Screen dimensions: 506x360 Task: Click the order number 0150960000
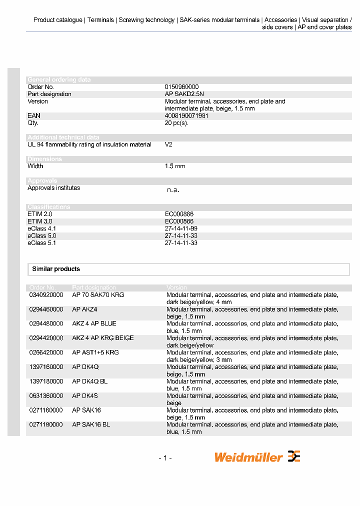[181, 87]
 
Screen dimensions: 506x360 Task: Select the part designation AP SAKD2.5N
[184, 94]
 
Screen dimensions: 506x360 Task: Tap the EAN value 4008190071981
[186, 115]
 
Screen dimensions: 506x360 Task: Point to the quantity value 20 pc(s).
[176, 123]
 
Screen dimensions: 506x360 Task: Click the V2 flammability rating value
[168, 144]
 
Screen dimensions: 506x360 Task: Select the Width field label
[35, 166]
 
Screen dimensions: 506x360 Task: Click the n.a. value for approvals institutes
[172, 190]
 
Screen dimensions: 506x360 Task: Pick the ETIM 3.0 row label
[40, 221]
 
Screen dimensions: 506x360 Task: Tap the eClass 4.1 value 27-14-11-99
[181, 228]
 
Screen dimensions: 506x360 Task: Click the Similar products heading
[56, 269]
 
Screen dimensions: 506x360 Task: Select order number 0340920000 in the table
[46, 295]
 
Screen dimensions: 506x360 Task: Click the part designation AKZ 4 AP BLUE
[94, 323]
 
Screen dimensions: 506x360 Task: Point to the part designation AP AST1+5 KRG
[95, 352]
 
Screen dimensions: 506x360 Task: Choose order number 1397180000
[46, 381]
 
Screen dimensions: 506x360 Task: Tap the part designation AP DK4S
[85, 396]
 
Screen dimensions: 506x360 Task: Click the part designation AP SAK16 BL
[91, 425]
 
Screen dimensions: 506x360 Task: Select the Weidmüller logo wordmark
[248, 457]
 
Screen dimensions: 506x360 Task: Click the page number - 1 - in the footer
[165, 458]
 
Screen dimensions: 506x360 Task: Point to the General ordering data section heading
[59, 79]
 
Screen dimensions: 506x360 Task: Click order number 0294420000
[46, 338]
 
